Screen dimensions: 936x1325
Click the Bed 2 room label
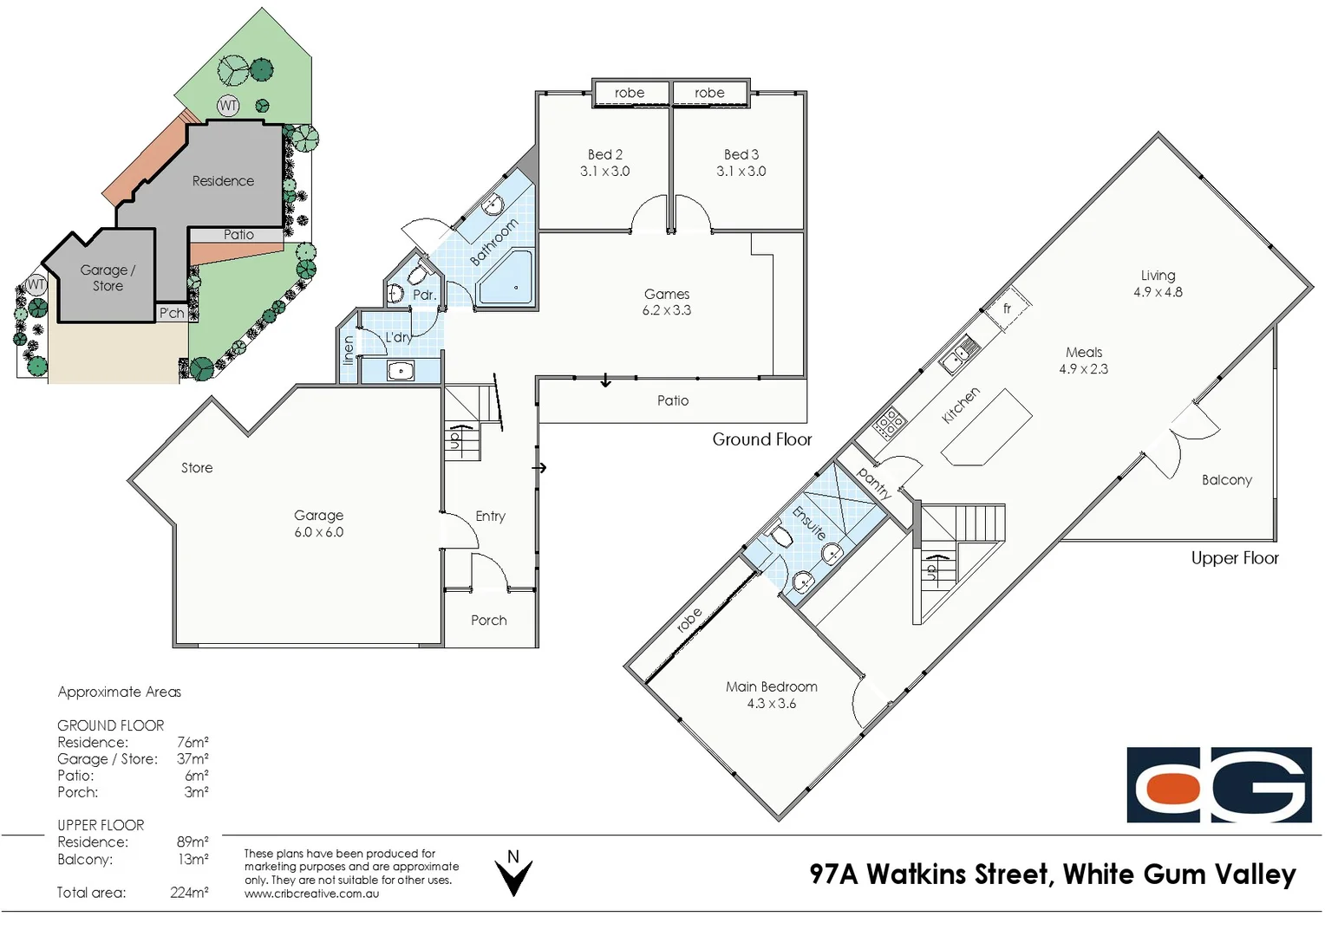click(604, 154)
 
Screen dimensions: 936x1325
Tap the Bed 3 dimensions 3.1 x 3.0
click(741, 172)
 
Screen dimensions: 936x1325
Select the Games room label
click(666, 294)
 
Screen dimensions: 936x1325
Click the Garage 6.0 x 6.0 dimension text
click(318, 532)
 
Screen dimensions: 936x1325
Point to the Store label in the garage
click(197, 468)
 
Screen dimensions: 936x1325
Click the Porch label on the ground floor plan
click(488, 621)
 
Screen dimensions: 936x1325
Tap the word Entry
click(490, 516)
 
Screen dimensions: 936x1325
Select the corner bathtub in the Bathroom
click(507, 277)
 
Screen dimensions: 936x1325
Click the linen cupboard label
click(348, 349)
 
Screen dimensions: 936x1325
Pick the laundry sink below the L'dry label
click(400, 371)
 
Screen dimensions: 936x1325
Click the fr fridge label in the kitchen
click(1007, 309)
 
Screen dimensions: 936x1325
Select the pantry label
click(873, 482)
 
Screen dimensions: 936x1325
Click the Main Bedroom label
click(771, 686)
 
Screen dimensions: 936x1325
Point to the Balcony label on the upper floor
click(1226, 480)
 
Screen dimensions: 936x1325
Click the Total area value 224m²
click(189, 893)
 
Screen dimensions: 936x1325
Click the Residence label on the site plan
click(223, 181)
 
